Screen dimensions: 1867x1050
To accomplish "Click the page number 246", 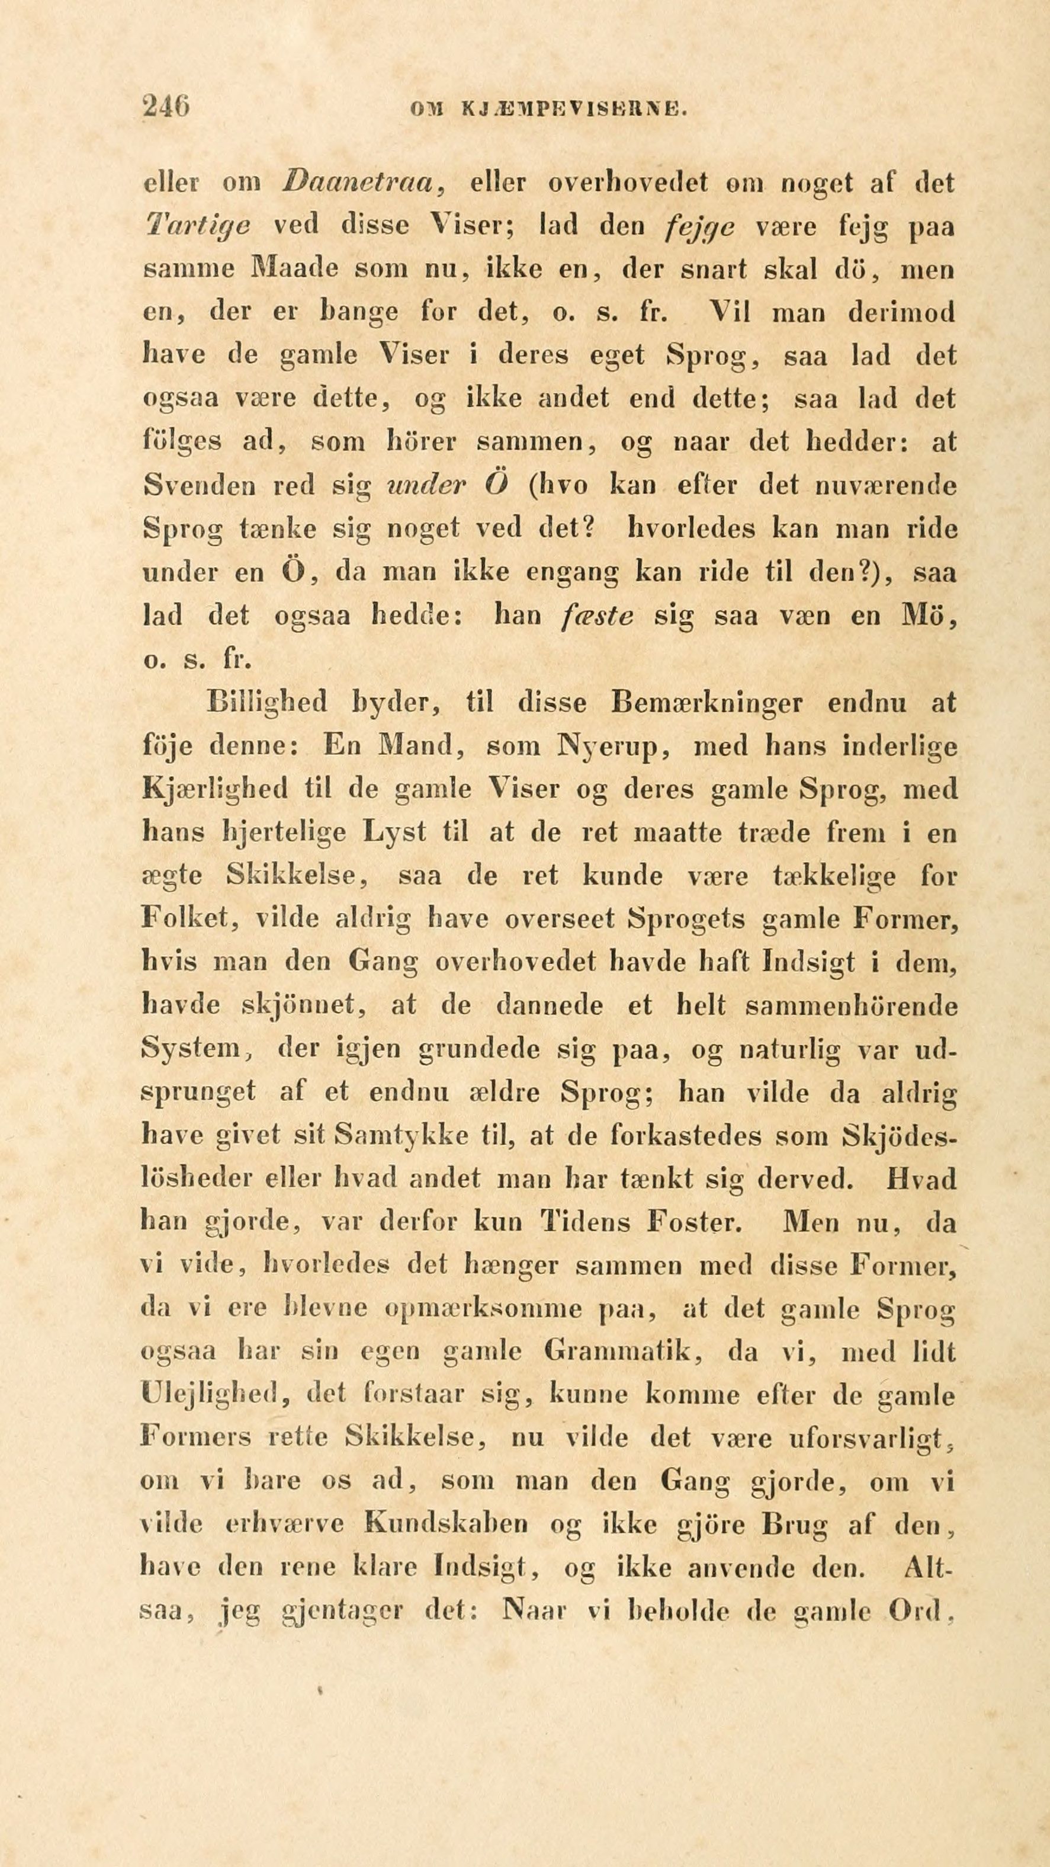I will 166,108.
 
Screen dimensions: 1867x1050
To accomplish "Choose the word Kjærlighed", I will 214,789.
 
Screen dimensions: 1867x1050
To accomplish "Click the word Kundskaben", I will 447,1526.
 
